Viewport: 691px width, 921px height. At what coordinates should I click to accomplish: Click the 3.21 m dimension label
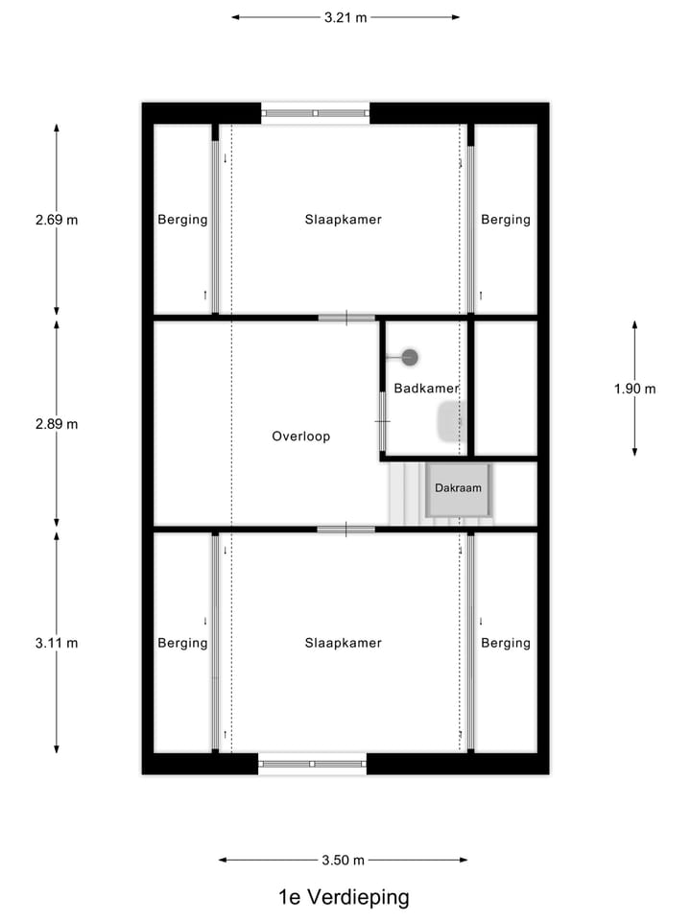(x=345, y=17)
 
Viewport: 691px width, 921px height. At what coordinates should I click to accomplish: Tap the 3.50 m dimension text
(x=344, y=861)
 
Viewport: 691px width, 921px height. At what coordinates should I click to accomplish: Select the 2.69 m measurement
(x=57, y=220)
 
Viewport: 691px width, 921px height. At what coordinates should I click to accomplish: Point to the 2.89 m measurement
(x=57, y=424)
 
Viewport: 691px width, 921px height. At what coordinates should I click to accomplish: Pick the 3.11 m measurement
(x=57, y=643)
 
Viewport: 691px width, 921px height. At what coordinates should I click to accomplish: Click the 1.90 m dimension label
(x=635, y=389)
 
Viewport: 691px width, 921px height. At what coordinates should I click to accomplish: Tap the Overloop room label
(x=300, y=437)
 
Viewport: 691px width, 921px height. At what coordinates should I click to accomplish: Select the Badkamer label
(x=426, y=389)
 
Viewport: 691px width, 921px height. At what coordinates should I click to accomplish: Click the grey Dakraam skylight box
(x=458, y=489)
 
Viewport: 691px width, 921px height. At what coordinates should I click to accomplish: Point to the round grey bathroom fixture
(x=410, y=358)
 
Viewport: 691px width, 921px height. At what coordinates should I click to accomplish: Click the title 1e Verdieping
(x=344, y=897)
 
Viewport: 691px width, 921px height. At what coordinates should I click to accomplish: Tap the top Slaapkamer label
(x=344, y=220)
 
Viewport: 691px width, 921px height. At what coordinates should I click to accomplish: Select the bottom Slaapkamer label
(x=344, y=643)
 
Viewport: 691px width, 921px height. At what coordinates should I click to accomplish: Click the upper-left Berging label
(x=182, y=220)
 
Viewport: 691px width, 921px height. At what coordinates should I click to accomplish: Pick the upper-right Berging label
(x=506, y=220)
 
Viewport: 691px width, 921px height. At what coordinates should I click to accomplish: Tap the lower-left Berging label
(x=182, y=643)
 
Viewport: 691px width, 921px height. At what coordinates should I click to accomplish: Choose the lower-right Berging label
(x=506, y=643)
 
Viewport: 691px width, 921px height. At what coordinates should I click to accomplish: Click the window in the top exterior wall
(x=316, y=113)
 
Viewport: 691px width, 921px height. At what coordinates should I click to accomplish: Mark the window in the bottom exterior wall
(x=313, y=764)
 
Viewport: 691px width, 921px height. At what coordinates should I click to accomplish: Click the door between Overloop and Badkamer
(x=382, y=421)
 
